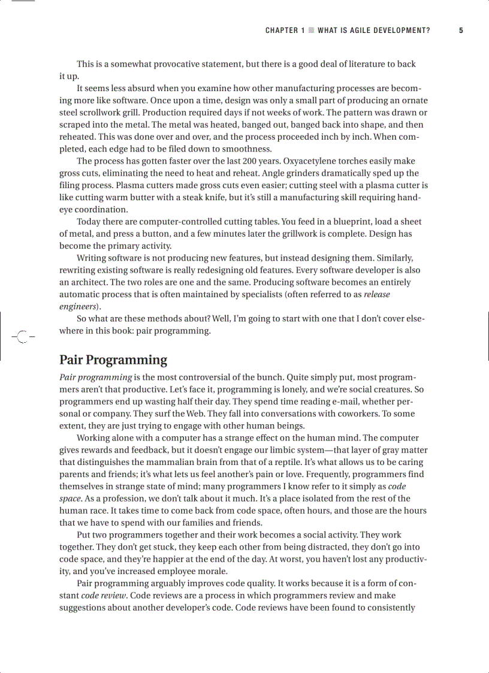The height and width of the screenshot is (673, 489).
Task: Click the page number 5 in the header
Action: (x=461, y=31)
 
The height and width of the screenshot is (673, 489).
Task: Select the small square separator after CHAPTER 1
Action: (x=311, y=31)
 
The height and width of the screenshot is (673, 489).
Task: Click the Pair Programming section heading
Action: (x=113, y=360)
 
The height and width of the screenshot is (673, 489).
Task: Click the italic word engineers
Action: (x=78, y=306)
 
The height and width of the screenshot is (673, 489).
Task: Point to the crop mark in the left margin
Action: (x=23, y=337)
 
